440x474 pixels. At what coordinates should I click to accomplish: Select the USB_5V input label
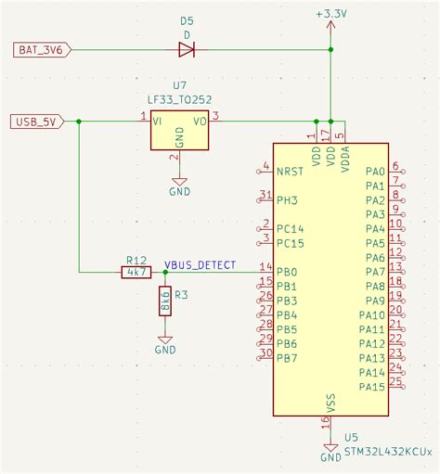click(36, 121)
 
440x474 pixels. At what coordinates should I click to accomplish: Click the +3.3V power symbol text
click(330, 15)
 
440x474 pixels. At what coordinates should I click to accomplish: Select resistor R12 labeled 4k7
click(136, 272)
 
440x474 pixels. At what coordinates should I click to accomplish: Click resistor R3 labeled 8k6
click(165, 301)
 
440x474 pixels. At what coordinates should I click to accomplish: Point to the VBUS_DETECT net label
click(200, 264)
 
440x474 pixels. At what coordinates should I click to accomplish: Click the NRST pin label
click(291, 172)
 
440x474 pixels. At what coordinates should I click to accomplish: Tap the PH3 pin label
click(287, 199)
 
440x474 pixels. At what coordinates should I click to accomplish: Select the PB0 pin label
click(287, 272)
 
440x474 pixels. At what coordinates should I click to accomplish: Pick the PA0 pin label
click(375, 172)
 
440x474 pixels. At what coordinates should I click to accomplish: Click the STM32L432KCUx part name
click(387, 452)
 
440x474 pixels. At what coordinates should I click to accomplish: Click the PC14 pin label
click(290, 228)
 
